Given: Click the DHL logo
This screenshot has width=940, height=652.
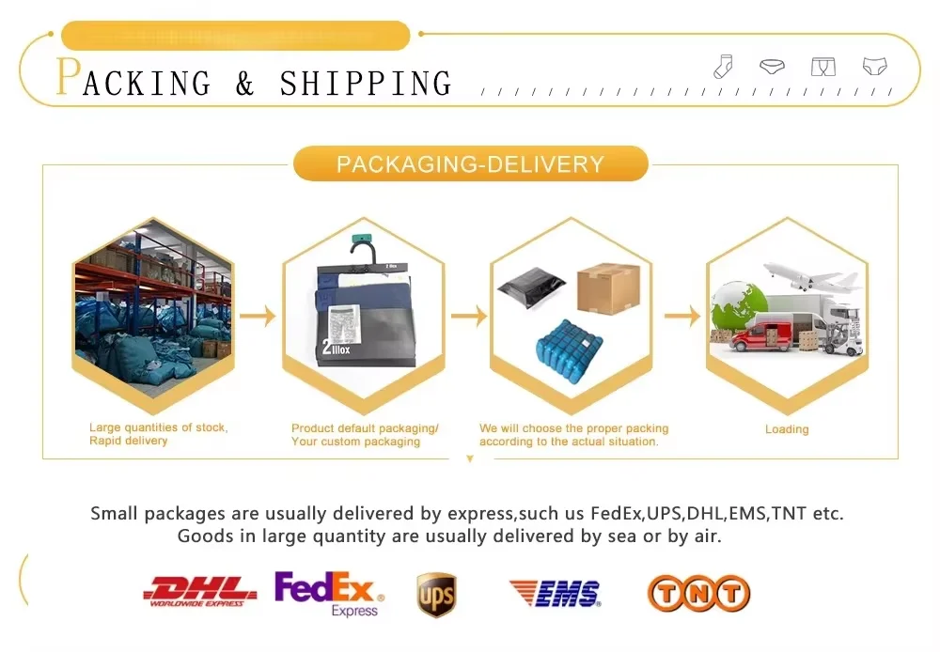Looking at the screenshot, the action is coord(199,592).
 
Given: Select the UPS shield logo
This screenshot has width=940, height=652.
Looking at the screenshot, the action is coord(436,595).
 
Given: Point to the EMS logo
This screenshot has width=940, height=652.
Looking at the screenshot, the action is coord(555,593).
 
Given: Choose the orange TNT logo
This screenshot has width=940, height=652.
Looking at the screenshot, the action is coord(698,593).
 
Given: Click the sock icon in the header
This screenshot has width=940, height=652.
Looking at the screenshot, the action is coord(723,66).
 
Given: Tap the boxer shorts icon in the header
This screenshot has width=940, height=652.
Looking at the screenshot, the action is coord(822,67).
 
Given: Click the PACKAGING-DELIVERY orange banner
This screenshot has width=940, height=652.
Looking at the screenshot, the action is coord(470,163).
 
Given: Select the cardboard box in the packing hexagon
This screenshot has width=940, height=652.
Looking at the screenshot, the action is coord(608,286).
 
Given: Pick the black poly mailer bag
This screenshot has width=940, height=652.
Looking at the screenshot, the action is coord(532,286).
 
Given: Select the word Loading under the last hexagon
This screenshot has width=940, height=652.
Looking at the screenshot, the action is coord(787,429).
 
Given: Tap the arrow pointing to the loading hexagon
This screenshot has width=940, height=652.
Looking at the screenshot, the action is coord(682,316).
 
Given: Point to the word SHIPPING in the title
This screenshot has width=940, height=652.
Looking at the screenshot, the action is coord(366,83).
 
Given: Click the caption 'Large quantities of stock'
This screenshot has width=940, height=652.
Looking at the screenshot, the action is coord(158,427).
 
